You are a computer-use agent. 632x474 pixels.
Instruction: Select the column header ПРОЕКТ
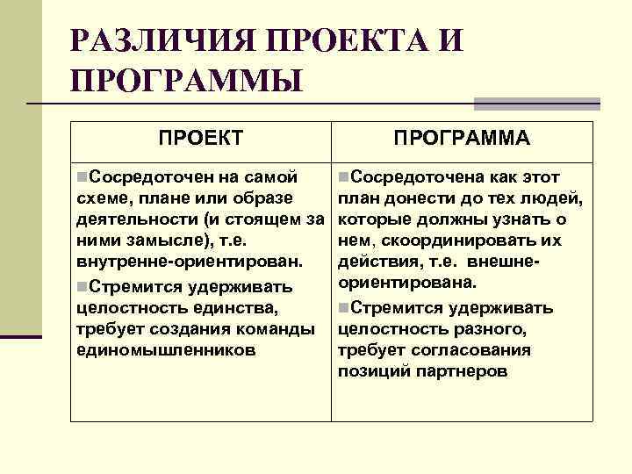click(200, 139)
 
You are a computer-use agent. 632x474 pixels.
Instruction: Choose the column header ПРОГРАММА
click(461, 139)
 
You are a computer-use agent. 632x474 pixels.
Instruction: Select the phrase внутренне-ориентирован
click(190, 262)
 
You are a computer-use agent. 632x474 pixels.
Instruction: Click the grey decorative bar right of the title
click(536, 104)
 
